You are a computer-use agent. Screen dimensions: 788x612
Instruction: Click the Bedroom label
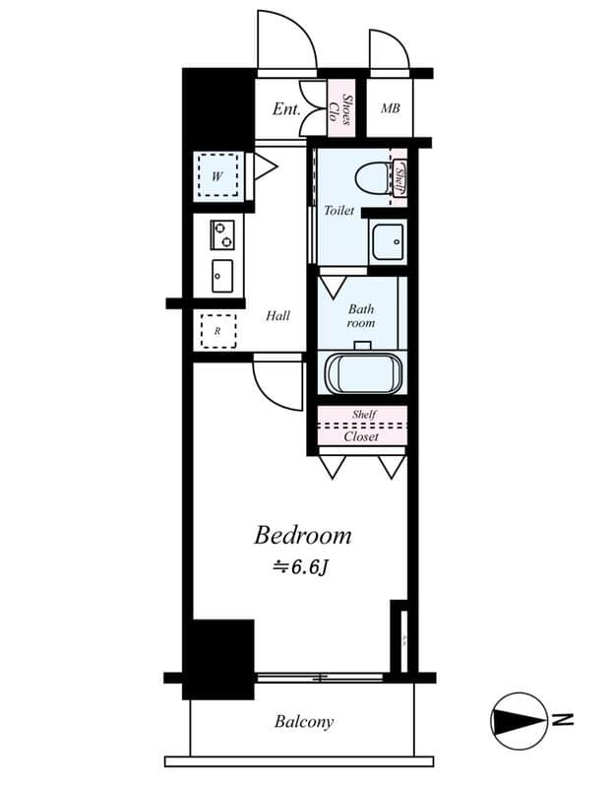(x=303, y=536)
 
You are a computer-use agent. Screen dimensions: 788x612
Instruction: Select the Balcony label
(x=303, y=722)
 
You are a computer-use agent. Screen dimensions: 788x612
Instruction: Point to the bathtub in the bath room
(x=362, y=372)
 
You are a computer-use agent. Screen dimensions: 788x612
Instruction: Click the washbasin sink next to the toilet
(x=387, y=239)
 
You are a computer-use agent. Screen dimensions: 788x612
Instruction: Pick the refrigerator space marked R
(x=217, y=331)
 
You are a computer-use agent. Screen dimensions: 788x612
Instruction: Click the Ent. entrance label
(x=285, y=108)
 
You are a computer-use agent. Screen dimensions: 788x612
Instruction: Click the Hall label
(x=278, y=316)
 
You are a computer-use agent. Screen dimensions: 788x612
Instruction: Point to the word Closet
(x=361, y=435)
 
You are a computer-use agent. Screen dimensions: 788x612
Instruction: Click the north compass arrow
(x=519, y=720)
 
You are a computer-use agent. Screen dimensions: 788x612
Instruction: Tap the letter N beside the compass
(x=563, y=720)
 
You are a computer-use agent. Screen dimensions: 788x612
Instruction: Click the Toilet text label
(x=339, y=211)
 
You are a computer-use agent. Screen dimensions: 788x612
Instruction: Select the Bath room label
(x=361, y=315)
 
